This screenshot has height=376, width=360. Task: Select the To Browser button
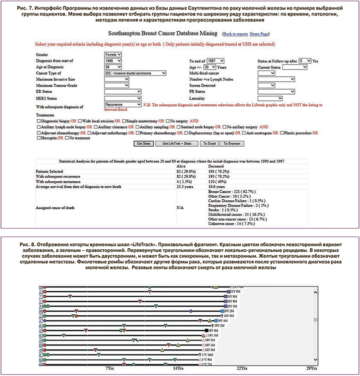coord(231,143)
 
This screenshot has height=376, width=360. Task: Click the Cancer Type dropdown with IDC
coord(135,73)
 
